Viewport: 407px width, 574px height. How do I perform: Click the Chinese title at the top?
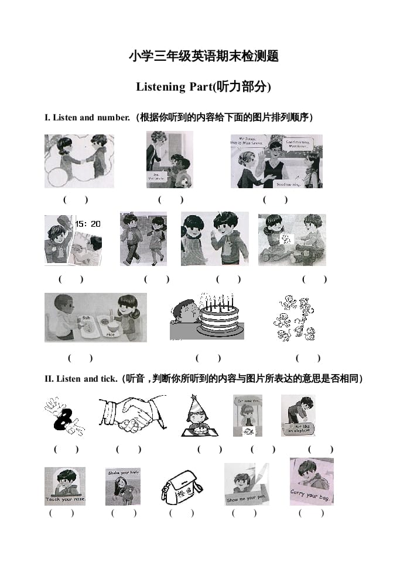pyautogui.click(x=203, y=57)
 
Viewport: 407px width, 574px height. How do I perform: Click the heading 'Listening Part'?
pyautogui.click(x=203, y=87)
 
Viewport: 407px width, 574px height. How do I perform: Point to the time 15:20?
pyautogui.click(x=88, y=224)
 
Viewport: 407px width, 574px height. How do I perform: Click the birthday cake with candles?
pyautogui.click(x=218, y=319)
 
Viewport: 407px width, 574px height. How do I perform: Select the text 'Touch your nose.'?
pyautogui.click(x=65, y=500)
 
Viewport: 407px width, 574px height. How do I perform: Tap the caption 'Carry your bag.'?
pyautogui.click(x=311, y=494)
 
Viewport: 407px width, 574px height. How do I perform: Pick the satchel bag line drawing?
pyautogui.click(x=182, y=486)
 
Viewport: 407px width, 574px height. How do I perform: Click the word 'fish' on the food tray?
pyautogui.click(x=87, y=317)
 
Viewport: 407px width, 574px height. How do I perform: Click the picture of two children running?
pyautogui.click(x=143, y=238)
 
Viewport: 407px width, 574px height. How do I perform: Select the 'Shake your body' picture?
pyautogui.click(x=122, y=486)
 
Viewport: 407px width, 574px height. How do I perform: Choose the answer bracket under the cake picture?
pyautogui.click(x=208, y=358)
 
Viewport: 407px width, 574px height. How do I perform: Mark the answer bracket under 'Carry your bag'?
pyautogui.click(x=311, y=513)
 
